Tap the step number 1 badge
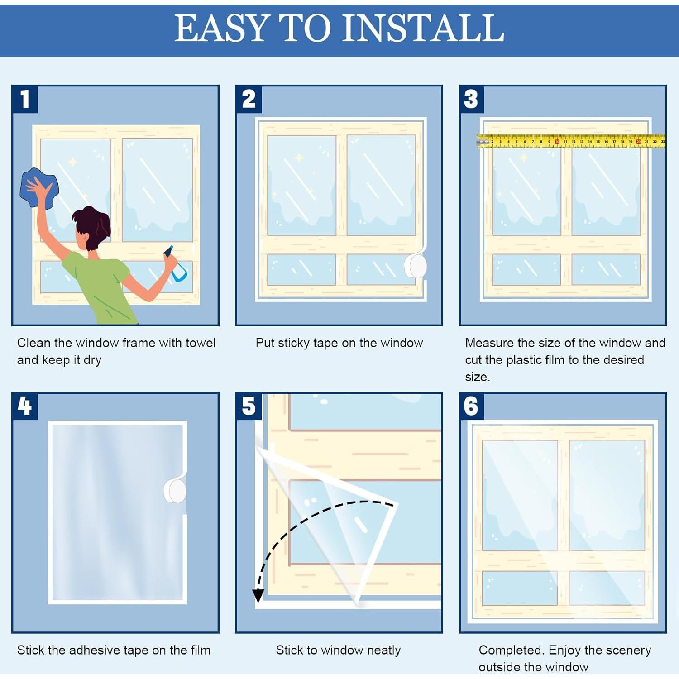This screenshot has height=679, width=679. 25,99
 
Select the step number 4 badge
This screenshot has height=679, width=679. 25,406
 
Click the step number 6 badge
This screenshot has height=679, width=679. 471,406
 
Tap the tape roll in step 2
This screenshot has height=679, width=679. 416,266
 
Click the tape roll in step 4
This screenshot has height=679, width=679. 175,490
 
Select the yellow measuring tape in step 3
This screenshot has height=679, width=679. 570,141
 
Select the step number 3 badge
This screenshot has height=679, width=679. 471,99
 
